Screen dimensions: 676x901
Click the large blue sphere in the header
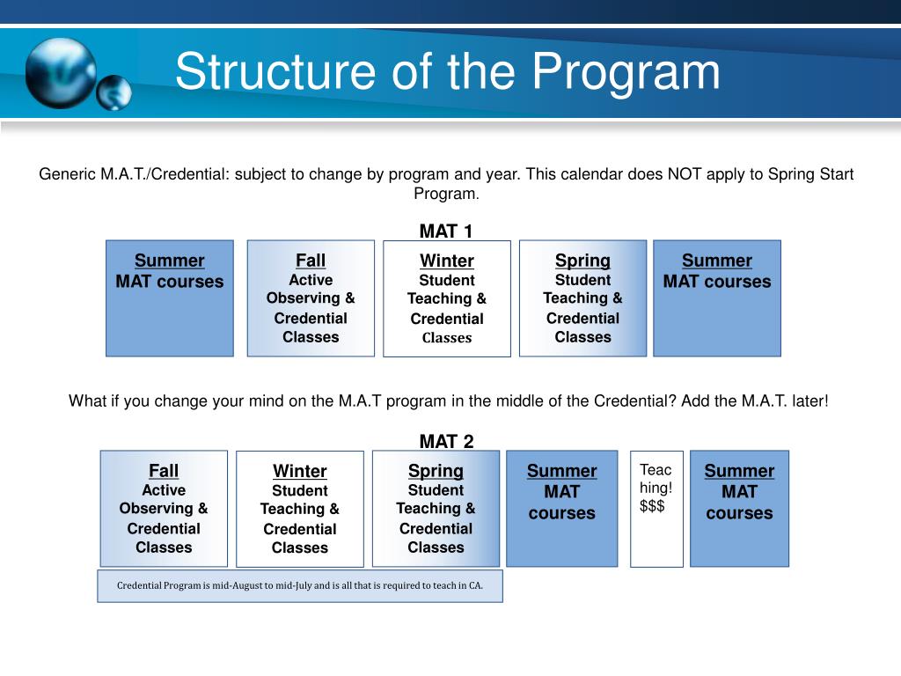[60, 72]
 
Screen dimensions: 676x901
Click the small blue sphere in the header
[114, 92]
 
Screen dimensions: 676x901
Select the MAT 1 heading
[446, 231]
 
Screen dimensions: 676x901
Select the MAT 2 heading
[446, 442]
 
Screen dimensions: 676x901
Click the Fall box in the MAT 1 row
[311, 298]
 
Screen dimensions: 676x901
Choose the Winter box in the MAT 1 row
[447, 298]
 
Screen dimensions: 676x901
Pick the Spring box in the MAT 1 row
[582, 298]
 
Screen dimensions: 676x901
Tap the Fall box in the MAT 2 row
[164, 509]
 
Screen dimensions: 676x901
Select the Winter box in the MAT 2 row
[300, 509]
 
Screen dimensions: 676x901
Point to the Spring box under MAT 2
[436, 509]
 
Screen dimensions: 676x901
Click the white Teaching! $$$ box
[656, 509]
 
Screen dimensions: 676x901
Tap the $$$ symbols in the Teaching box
[652, 506]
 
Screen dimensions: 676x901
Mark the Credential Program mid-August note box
[300, 585]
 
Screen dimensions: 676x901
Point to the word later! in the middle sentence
[806, 400]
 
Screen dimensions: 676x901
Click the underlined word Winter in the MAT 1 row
[447, 261]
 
